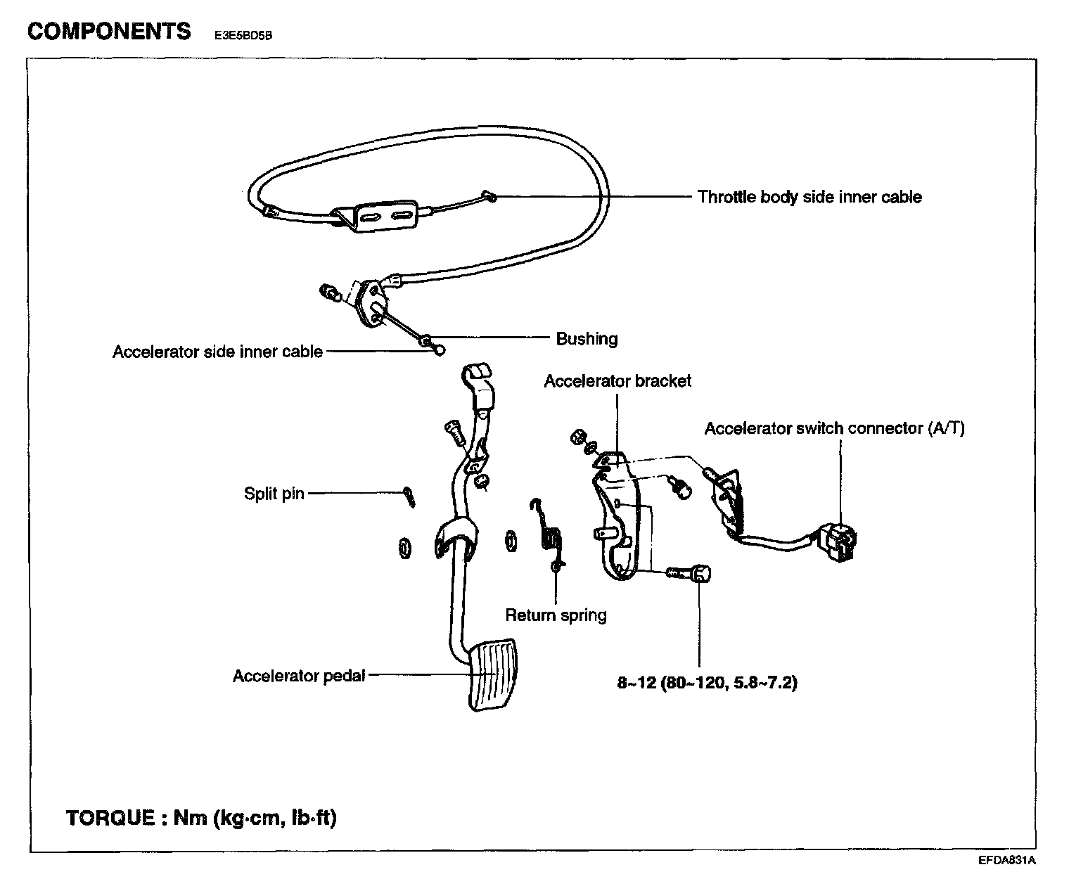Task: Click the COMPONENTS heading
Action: tap(109, 32)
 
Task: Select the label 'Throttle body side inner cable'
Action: tap(809, 197)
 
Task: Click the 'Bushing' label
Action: tap(587, 339)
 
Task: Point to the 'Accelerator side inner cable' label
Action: tap(217, 352)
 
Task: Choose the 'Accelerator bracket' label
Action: tap(617, 381)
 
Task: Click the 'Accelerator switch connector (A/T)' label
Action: tap(834, 428)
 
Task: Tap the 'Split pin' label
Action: tap(274, 494)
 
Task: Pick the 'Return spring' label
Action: tap(556, 615)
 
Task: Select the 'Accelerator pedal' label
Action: tap(299, 676)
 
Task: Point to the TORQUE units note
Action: tap(201, 818)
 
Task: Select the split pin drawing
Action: tap(409, 496)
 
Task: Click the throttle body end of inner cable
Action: tap(489, 196)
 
